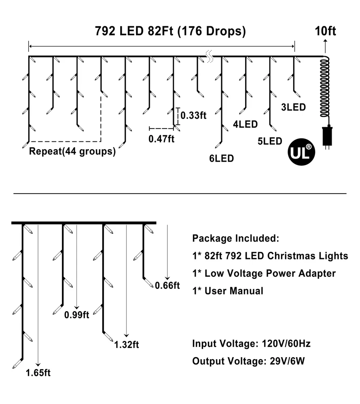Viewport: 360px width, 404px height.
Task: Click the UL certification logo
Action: coord(301,152)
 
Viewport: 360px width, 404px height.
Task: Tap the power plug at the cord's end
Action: coord(327,137)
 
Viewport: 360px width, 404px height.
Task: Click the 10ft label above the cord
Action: coord(326,31)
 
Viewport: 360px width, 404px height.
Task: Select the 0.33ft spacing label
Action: coord(193,116)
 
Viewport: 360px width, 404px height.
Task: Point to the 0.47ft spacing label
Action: coord(161,139)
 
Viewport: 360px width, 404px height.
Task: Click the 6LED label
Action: coord(222,158)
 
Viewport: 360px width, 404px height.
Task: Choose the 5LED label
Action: coord(270,141)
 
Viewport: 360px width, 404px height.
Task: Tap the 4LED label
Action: coord(246,124)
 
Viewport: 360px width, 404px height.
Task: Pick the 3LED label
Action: coord(294,107)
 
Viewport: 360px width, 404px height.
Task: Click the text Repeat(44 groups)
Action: coord(72,151)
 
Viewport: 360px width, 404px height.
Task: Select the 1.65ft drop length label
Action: coord(38,373)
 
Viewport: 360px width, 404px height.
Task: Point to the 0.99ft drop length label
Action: coord(76,315)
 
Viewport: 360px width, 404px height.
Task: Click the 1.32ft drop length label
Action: coord(127,345)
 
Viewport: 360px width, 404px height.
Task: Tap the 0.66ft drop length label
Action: coord(167,286)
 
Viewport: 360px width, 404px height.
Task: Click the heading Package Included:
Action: coord(236,238)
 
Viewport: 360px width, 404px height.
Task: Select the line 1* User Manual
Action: coord(228,291)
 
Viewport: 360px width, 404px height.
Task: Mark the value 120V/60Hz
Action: coord(286,344)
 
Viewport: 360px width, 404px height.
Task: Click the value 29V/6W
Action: coord(287,361)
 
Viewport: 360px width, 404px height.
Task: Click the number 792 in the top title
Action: coord(105,31)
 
